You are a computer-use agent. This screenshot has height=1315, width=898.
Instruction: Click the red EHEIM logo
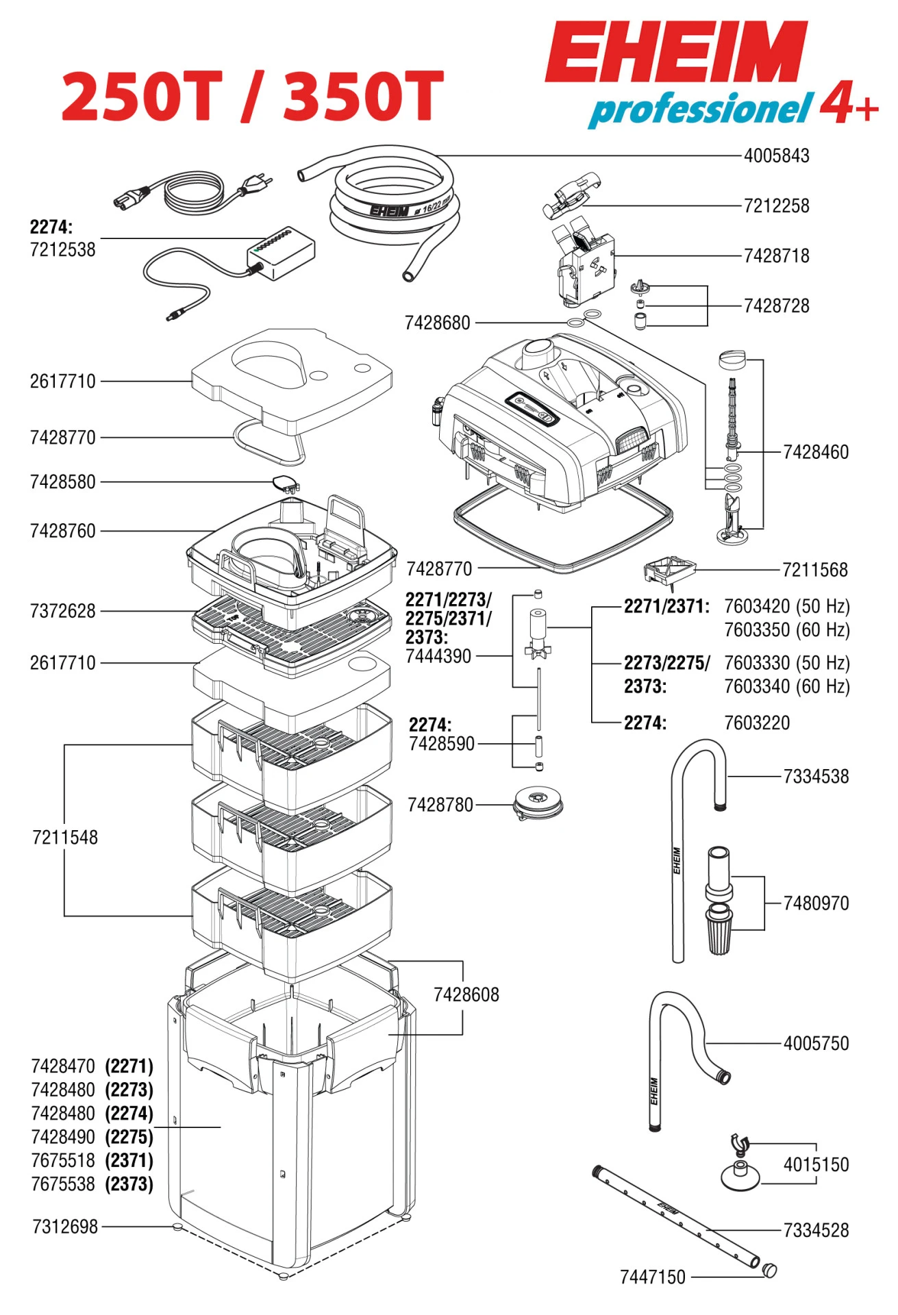676,53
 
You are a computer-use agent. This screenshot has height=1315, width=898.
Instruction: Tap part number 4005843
776,156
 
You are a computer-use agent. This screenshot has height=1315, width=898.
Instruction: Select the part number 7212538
62,249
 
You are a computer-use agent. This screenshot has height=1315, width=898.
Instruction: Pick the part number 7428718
776,256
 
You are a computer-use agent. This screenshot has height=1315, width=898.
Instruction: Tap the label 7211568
814,570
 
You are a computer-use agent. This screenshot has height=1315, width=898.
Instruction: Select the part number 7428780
440,805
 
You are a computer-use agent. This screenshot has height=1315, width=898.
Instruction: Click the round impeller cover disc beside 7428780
538,802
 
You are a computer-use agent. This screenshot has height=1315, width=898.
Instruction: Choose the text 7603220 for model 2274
756,723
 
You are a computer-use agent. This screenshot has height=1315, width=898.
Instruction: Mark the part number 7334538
815,777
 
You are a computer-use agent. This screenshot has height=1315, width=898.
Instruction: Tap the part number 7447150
652,1277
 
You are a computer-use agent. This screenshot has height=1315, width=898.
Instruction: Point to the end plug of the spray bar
770,1270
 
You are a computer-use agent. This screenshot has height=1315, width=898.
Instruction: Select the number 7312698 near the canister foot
65,1227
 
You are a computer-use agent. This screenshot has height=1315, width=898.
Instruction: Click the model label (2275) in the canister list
129,1137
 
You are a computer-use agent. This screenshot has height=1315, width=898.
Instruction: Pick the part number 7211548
65,838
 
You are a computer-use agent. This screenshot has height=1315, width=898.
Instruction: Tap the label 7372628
62,611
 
